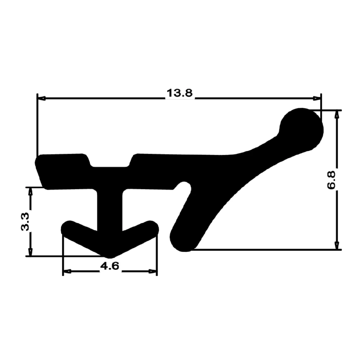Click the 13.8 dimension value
[x=180, y=93]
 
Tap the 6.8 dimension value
[x=331, y=180]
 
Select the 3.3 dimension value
[x=25, y=221]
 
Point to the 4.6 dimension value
[x=110, y=266]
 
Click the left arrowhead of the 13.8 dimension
[x=41, y=98]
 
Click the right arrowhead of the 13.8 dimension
[x=317, y=98]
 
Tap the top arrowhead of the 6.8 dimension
[x=337, y=114]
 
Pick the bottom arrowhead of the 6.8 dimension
[x=337, y=245]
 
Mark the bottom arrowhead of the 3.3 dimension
[x=30, y=252]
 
